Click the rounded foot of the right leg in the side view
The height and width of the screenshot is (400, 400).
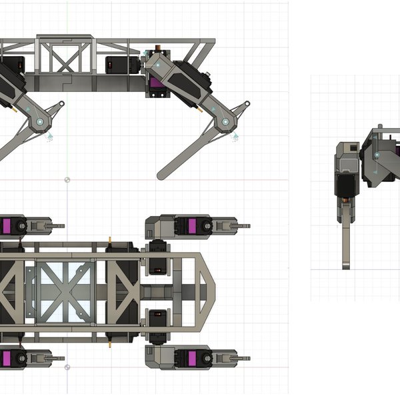coord(163,175)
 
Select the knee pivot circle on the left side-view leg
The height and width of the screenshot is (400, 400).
coord(40,122)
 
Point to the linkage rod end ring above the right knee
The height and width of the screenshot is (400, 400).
coord(246,104)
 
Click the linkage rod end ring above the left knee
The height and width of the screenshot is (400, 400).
coord(61,104)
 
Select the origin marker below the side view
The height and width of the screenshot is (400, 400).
coord(66,179)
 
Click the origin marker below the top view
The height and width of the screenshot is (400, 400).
coord(66,367)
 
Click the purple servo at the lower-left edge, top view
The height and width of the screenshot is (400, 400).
coord(6,359)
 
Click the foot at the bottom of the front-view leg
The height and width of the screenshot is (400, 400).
coord(347,265)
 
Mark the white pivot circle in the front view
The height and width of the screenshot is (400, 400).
coord(377,155)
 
